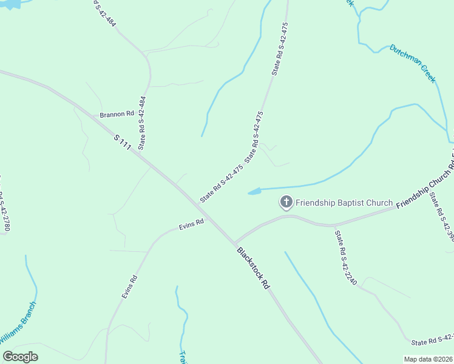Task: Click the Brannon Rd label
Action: [x=117, y=113]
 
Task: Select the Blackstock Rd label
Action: [x=252, y=268]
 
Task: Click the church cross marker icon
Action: [x=286, y=202]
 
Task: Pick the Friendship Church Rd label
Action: [x=425, y=179]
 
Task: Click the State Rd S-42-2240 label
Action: [x=344, y=259]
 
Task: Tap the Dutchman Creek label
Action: [x=413, y=63]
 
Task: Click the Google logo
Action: [x=20, y=356]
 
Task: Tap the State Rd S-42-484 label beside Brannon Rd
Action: [x=142, y=123]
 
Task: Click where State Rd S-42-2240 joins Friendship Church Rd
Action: [x=334, y=225]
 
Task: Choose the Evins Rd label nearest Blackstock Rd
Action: [x=191, y=224]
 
